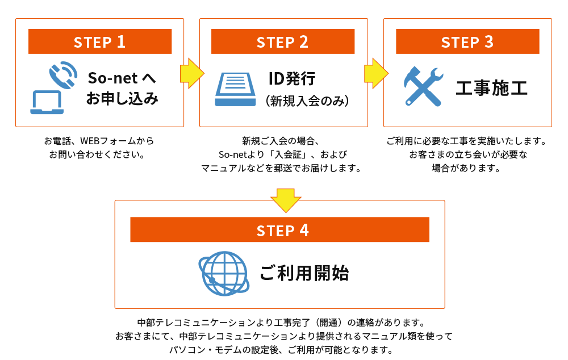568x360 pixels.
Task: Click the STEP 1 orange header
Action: click(100, 41)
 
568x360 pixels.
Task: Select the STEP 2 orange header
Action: click(283, 41)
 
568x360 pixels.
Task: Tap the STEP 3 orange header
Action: click(467, 41)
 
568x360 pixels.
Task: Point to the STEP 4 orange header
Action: click(279, 230)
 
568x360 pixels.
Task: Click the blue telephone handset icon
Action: click(63, 74)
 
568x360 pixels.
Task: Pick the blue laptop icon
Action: click(47, 103)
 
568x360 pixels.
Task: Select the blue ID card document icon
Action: click(235, 89)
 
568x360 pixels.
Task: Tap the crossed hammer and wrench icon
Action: click(423, 86)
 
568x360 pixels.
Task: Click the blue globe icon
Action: click(224, 273)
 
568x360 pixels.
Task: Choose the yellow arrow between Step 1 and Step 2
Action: click(192, 73)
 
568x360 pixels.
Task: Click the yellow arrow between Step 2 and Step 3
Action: click(376, 73)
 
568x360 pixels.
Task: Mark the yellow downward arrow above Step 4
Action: click(285, 200)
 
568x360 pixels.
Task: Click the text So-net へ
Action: click(122, 77)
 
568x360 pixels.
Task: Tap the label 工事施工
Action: click(492, 88)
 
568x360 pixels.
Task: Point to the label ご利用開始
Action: click(304, 274)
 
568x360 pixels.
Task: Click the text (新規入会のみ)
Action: click(307, 101)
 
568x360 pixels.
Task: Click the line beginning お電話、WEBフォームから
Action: click(99, 141)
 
